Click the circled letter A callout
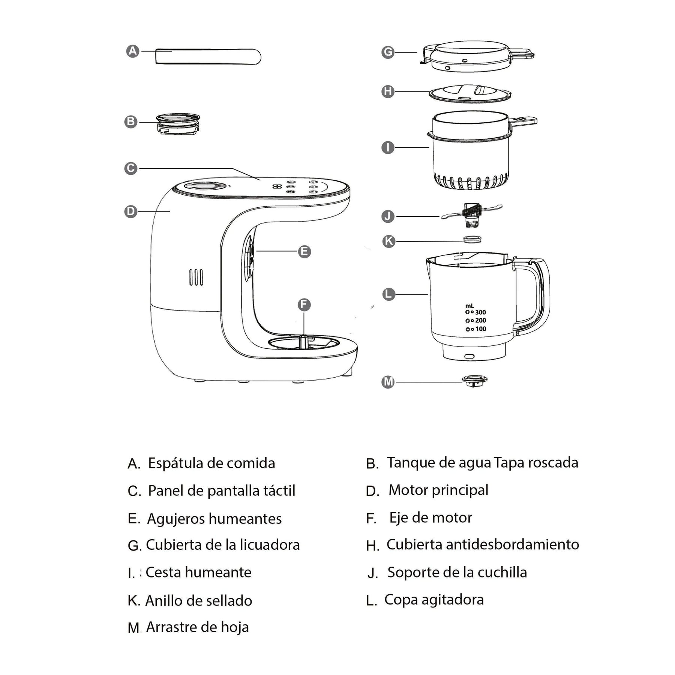click(x=133, y=51)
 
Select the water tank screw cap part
click(x=178, y=124)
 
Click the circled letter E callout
click(x=304, y=251)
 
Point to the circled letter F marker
click(x=304, y=304)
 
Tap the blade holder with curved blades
click(x=472, y=215)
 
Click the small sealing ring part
click(x=472, y=239)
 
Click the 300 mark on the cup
click(x=480, y=312)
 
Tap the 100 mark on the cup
click(x=480, y=329)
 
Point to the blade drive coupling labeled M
click(x=474, y=381)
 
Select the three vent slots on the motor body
click(x=196, y=277)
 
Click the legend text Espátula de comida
click(x=211, y=463)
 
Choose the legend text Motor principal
click(x=438, y=490)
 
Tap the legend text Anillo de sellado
click(x=199, y=601)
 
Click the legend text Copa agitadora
click(x=434, y=600)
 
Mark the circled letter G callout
click(x=388, y=52)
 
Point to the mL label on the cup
click(x=469, y=306)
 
